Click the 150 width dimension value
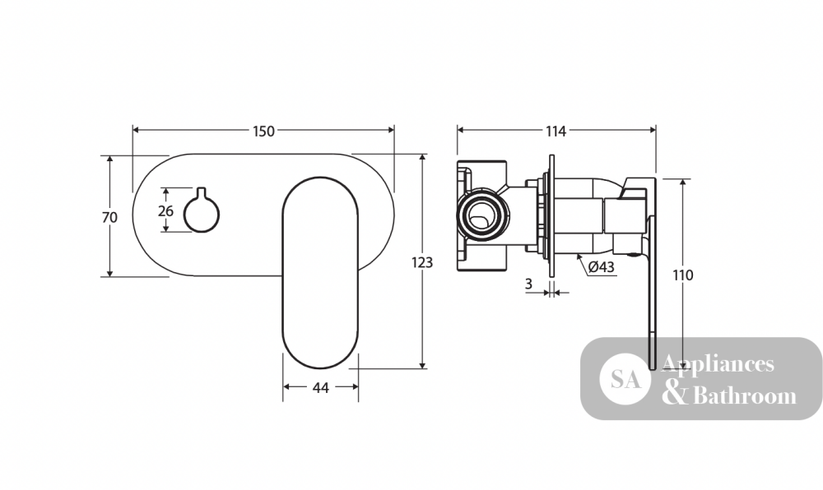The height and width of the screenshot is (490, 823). click(x=263, y=131)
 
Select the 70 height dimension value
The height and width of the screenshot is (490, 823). click(x=109, y=216)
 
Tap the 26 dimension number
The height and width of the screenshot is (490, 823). click(x=165, y=211)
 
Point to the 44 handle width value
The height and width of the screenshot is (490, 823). click(x=321, y=387)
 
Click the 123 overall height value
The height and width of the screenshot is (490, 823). click(x=422, y=262)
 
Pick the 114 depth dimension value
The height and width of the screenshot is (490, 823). click(x=556, y=131)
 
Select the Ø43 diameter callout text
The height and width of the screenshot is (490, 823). click(x=601, y=266)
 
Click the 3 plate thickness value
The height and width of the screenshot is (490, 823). click(x=528, y=284)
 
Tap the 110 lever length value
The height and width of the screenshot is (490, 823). click(x=682, y=275)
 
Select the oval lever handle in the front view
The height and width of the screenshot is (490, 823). click(x=321, y=272)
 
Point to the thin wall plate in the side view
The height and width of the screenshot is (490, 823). click(x=551, y=215)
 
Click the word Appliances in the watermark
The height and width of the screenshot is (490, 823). click(x=718, y=363)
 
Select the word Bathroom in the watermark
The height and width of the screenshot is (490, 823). click(x=745, y=395)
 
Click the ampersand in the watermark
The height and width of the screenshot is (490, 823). click(x=675, y=394)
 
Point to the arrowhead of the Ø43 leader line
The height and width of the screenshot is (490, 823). click(x=579, y=257)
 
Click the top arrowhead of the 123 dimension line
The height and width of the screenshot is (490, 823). click(x=422, y=158)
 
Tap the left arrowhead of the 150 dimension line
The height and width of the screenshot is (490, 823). click(x=136, y=129)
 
